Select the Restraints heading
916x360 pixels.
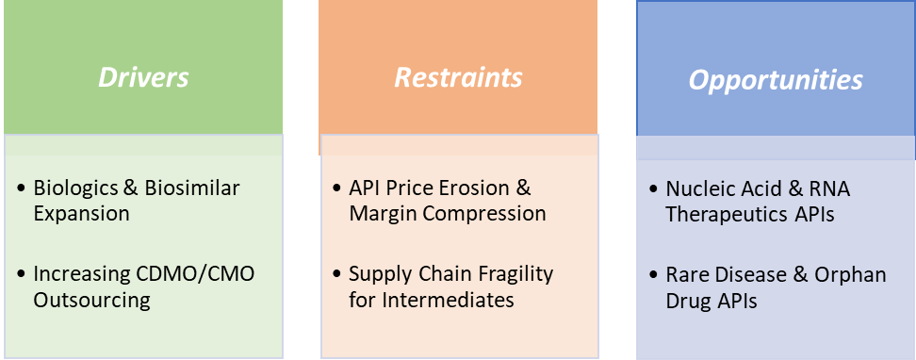click(x=458, y=76)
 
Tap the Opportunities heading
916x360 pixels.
click(x=776, y=80)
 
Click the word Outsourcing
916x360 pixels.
click(x=92, y=300)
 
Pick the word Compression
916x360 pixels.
click(x=486, y=213)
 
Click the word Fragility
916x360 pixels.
click(x=514, y=274)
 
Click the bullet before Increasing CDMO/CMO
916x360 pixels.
click(x=21, y=274)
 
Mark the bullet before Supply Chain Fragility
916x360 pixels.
click(x=336, y=274)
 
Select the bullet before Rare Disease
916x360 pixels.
click(x=653, y=274)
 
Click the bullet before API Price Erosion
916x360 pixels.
click(x=336, y=188)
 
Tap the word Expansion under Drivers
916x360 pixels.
click(x=81, y=213)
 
